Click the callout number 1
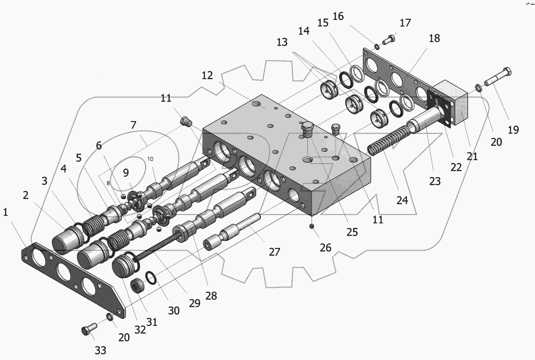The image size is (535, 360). click(5, 213)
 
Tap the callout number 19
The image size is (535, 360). click(513, 130)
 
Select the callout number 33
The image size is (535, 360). click(100, 350)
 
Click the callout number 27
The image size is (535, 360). click(274, 252)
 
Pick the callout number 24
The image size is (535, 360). click(402, 200)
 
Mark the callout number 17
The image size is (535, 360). click(405, 23)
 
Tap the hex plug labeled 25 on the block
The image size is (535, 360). click(307, 129)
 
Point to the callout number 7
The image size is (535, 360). click(133, 126)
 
